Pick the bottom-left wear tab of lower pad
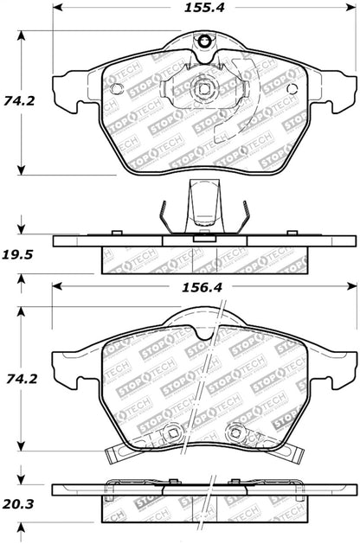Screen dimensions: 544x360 [x=117, y=452]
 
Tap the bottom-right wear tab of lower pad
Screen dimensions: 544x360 [x=291, y=452]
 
